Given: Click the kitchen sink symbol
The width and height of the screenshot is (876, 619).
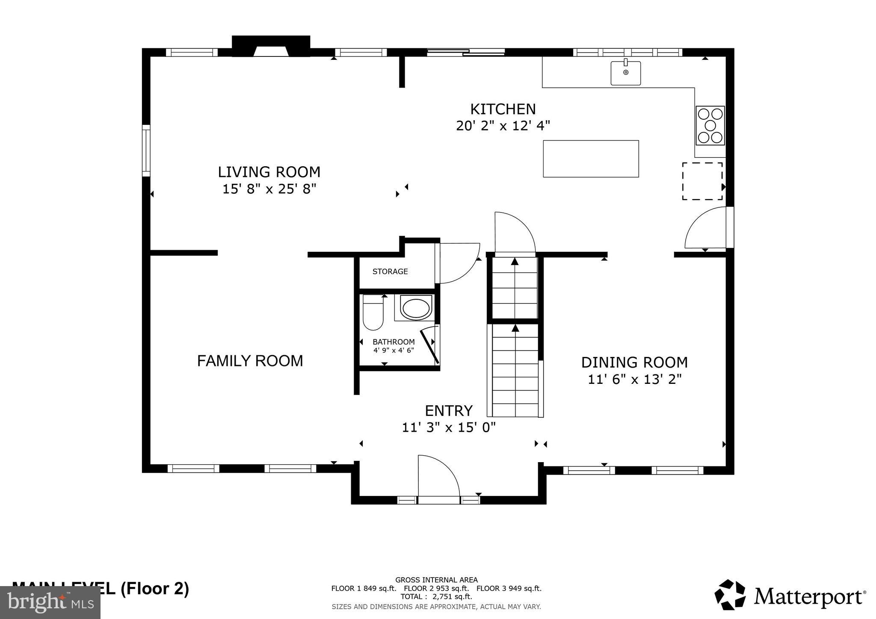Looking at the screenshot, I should tap(625, 73).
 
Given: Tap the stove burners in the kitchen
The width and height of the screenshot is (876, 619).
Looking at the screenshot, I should tap(710, 126).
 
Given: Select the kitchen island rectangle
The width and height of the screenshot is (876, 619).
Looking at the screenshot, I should tap(591, 159).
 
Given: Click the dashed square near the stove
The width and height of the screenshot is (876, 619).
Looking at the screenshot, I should tap(702, 181).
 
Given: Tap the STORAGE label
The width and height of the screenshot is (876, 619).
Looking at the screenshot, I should tap(390, 271).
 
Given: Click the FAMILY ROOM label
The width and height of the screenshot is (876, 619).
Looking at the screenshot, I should tap(250, 361).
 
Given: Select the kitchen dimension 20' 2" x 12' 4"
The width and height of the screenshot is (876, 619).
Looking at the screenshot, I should tap(503, 126).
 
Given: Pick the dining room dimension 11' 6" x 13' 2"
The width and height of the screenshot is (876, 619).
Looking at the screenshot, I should tap(634, 379).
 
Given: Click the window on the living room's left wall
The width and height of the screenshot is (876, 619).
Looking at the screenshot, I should tap(146, 150).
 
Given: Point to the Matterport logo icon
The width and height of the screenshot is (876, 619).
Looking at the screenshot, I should tap(730, 595).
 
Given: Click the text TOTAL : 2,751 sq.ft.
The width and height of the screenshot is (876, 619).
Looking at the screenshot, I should tap(436, 597).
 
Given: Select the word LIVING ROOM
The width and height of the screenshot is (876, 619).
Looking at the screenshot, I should tap(269, 172).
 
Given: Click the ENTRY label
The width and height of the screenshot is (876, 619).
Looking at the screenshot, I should tap(448, 411).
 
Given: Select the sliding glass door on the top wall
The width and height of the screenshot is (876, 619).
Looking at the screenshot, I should tap(466, 53).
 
